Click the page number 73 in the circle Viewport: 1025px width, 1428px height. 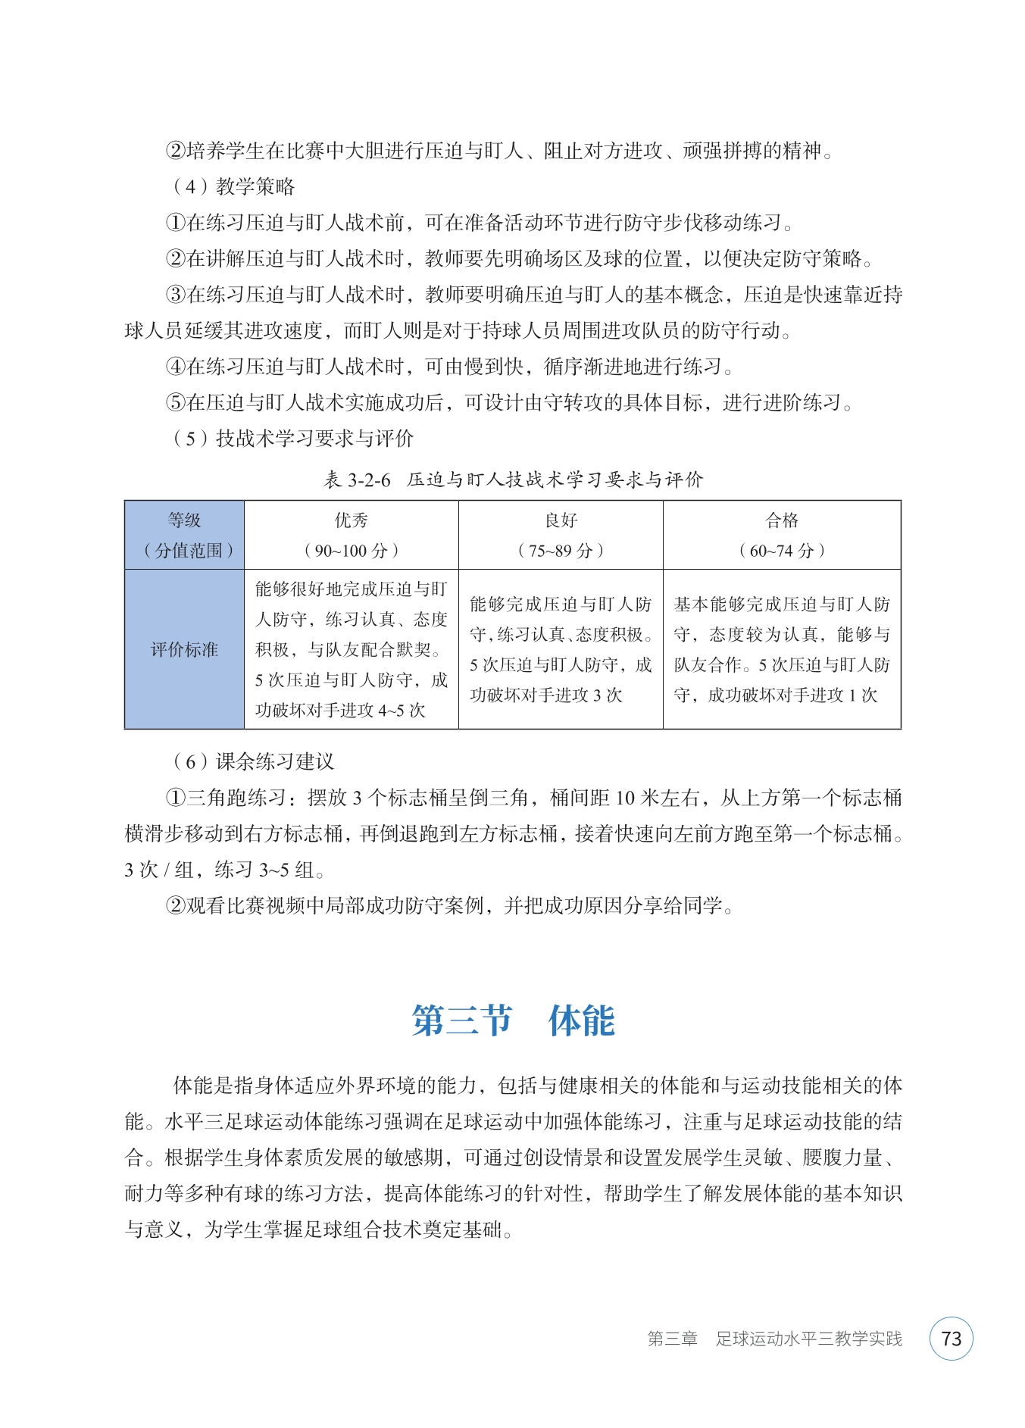[951, 1339]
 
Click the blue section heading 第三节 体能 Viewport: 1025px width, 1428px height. [513, 1020]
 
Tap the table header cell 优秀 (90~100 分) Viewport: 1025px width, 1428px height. [351, 535]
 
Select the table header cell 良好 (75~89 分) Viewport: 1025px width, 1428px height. [561, 535]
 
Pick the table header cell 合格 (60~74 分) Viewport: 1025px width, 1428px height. [781, 535]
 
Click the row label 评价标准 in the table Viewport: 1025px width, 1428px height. [184, 649]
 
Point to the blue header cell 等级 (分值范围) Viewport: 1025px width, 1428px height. [184, 535]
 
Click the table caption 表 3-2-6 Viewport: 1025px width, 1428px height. [358, 480]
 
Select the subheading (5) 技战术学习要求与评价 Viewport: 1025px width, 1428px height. [293, 438]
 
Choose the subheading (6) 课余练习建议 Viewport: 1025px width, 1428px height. [253, 761]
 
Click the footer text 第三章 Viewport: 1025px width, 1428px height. [672, 1339]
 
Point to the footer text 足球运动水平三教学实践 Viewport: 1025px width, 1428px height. [809, 1339]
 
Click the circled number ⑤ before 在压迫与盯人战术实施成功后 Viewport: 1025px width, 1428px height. [176, 402]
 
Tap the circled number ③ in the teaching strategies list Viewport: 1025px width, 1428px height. [176, 295]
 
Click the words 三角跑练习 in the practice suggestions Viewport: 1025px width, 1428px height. [236, 798]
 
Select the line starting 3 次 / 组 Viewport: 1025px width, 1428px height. [225, 870]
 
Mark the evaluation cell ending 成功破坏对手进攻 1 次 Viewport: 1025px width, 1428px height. [781, 649]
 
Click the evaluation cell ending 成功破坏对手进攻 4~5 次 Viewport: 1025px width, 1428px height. [351, 649]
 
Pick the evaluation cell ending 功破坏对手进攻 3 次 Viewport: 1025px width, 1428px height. [561, 649]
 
